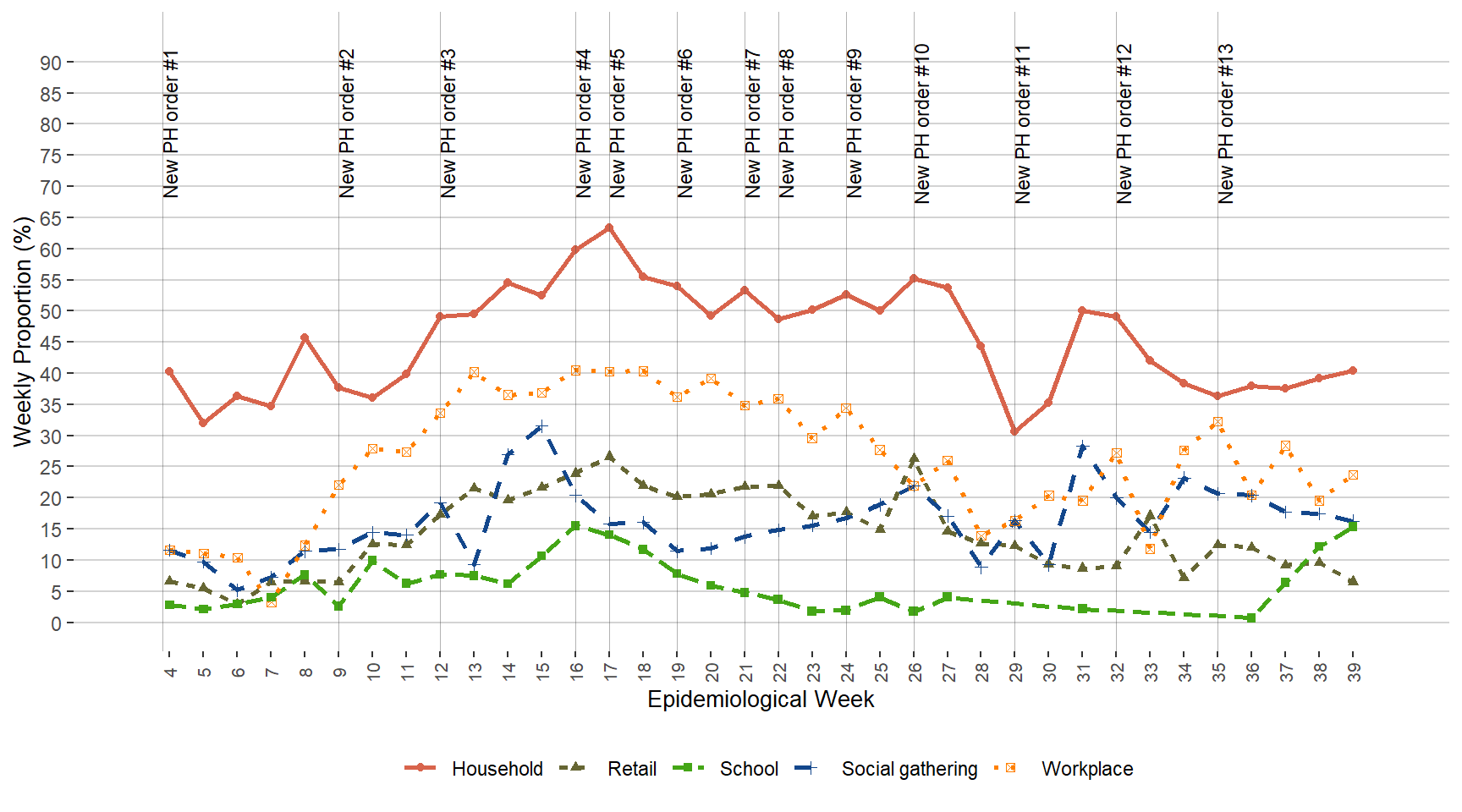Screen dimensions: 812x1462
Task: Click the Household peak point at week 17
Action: pos(609,228)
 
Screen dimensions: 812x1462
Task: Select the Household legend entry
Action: pos(497,769)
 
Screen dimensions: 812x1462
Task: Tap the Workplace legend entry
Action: pos(1086,769)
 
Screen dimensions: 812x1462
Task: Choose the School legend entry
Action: pos(748,769)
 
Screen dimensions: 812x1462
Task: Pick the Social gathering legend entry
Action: pos(909,769)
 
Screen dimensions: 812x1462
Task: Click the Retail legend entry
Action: pos(631,769)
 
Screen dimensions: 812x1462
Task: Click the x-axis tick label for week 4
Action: pos(170,672)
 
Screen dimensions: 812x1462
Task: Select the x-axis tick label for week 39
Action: pos(1354,672)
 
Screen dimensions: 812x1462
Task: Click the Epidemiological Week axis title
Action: pos(761,700)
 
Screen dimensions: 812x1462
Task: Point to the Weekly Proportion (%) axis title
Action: pos(23,332)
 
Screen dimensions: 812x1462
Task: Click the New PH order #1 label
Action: pos(171,123)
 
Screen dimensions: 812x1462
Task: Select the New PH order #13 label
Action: pos(1226,123)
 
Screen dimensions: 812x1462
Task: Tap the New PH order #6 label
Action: pos(685,123)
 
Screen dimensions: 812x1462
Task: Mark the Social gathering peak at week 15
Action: pos(541,425)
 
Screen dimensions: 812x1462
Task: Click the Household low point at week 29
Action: pos(1014,431)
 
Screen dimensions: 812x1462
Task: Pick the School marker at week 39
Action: pos(1353,526)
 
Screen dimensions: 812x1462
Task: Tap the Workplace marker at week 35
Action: pos(1217,422)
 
